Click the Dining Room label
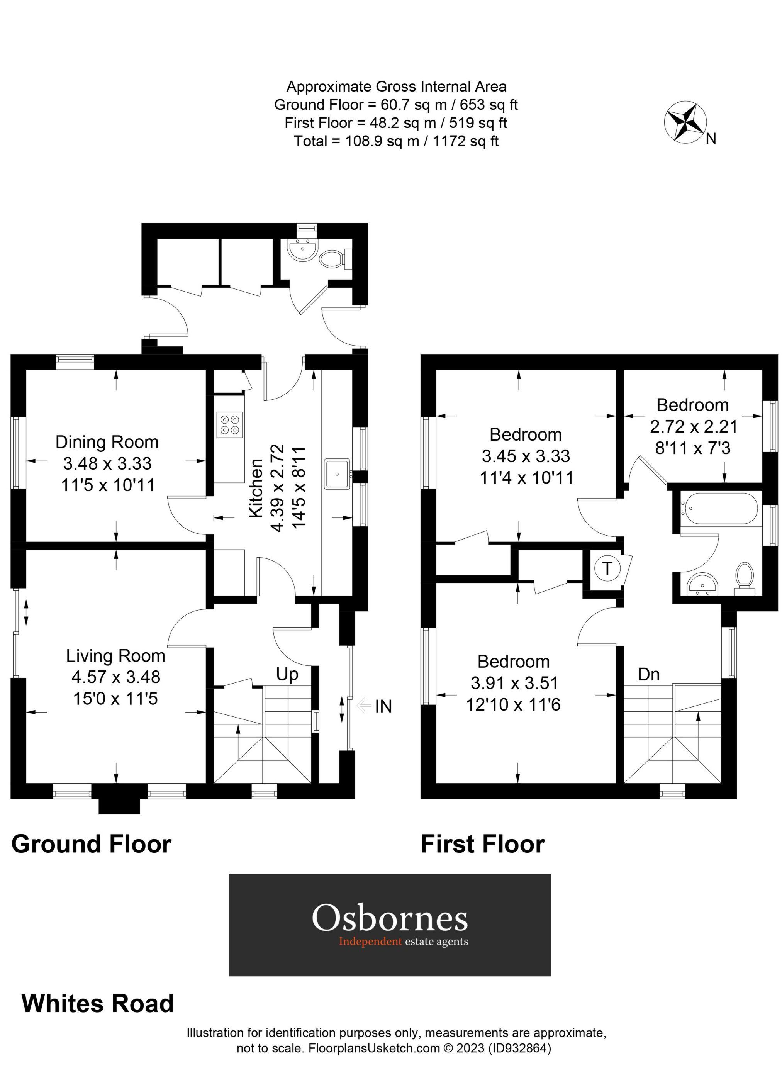pyautogui.click(x=107, y=442)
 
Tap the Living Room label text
pyautogui.click(x=115, y=656)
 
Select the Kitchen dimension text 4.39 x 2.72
pyautogui.click(x=277, y=488)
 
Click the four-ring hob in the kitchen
pyautogui.click(x=230, y=424)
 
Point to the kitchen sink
pyautogui.click(x=337, y=473)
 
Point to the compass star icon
pyautogui.click(x=685, y=121)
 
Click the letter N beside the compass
pyautogui.click(x=711, y=139)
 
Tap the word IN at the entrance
pyautogui.click(x=383, y=706)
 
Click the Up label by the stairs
pyautogui.click(x=287, y=674)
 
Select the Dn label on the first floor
pyautogui.click(x=648, y=674)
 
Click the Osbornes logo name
pyautogui.click(x=390, y=918)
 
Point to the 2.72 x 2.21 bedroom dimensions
pyautogui.click(x=694, y=427)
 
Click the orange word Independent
pyautogui.click(x=370, y=942)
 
